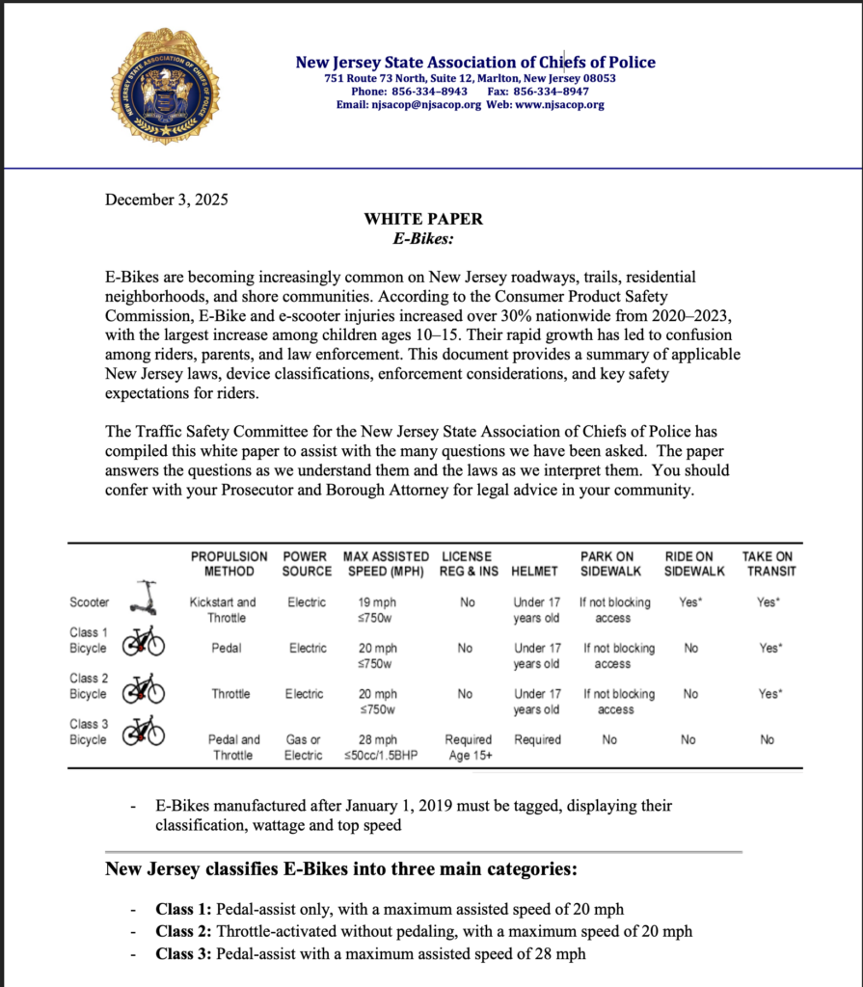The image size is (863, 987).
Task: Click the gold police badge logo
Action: tap(166, 87)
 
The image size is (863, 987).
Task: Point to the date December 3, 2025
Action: tap(166, 200)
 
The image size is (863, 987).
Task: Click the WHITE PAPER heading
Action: tap(423, 219)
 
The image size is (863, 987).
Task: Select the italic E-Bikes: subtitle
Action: tap(422, 237)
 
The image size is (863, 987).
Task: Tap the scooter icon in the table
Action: tap(146, 599)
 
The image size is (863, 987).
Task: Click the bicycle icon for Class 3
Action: tap(143, 733)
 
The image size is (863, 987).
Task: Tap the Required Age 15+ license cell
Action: tap(468, 747)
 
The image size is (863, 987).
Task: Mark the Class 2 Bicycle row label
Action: tap(88, 686)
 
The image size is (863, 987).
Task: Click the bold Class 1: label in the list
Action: tap(183, 909)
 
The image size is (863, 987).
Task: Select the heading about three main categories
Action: tap(340, 870)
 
